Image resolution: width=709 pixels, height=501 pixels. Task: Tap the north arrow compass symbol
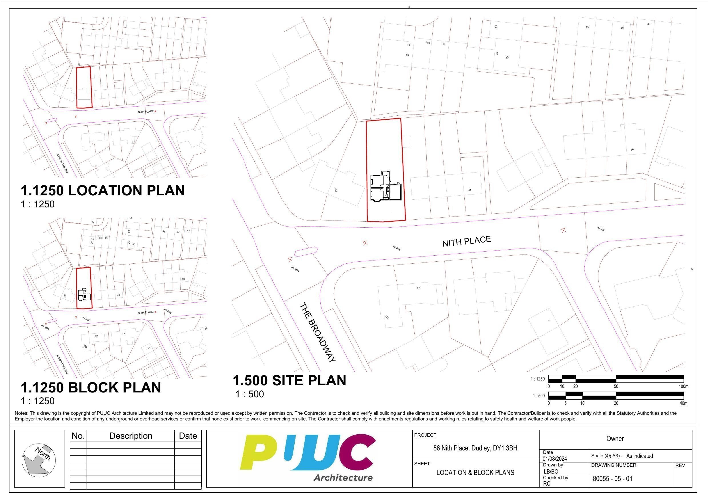(39, 459)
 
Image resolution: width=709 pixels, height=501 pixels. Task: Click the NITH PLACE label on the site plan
(466, 241)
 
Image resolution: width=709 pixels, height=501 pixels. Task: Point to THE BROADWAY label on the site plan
(317, 332)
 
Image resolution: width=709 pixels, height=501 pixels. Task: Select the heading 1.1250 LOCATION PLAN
(103, 190)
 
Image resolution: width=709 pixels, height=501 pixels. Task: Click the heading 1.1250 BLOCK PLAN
(91, 387)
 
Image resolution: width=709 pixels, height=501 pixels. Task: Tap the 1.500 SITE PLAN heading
(289, 380)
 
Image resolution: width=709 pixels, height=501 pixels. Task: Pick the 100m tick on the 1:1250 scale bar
(684, 386)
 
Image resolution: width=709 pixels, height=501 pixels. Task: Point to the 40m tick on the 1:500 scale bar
(684, 403)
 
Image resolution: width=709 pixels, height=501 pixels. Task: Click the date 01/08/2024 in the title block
(555, 459)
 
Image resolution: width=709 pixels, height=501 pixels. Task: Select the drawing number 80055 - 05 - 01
(612, 478)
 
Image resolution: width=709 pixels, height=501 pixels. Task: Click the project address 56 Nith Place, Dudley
(475, 448)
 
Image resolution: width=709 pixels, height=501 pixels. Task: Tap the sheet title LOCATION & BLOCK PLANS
(475, 473)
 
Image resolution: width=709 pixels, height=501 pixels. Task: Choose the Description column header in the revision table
(131, 436)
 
